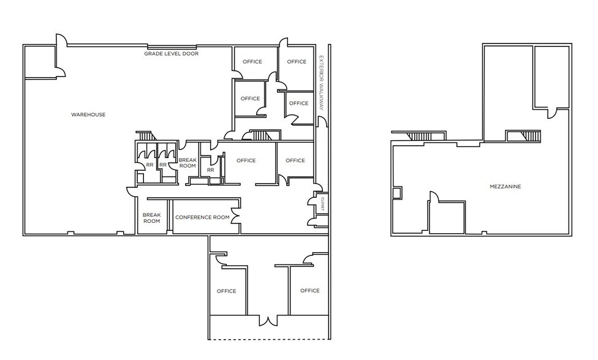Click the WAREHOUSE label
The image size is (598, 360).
(x=88, y=114)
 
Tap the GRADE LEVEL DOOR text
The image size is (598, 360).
(x=171, y=54)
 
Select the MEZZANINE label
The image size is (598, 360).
(x=505, y=187)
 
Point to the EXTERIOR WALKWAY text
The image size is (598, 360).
(x=321, y=83)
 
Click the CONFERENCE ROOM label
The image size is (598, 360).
(x=202, y=217)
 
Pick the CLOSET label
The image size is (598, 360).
(x=322, y=204)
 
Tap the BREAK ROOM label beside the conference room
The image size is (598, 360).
(x=151, y=218)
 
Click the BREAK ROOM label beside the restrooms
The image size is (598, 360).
(x=187, y=163)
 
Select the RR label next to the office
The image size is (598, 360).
(x=211, y=170)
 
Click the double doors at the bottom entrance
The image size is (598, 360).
(x=269, y=321)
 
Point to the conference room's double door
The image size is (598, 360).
(x=235, y=216)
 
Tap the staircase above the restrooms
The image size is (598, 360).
(x=146, y=136)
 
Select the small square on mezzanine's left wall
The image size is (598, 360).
(x=397, y=193)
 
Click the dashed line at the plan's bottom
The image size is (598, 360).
(x=268, y=339)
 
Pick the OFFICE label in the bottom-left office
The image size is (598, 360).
(x=227, y=291)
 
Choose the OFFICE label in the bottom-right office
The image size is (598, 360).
(x=309, y=291)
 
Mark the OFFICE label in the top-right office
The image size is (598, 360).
(x=297, y=62)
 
